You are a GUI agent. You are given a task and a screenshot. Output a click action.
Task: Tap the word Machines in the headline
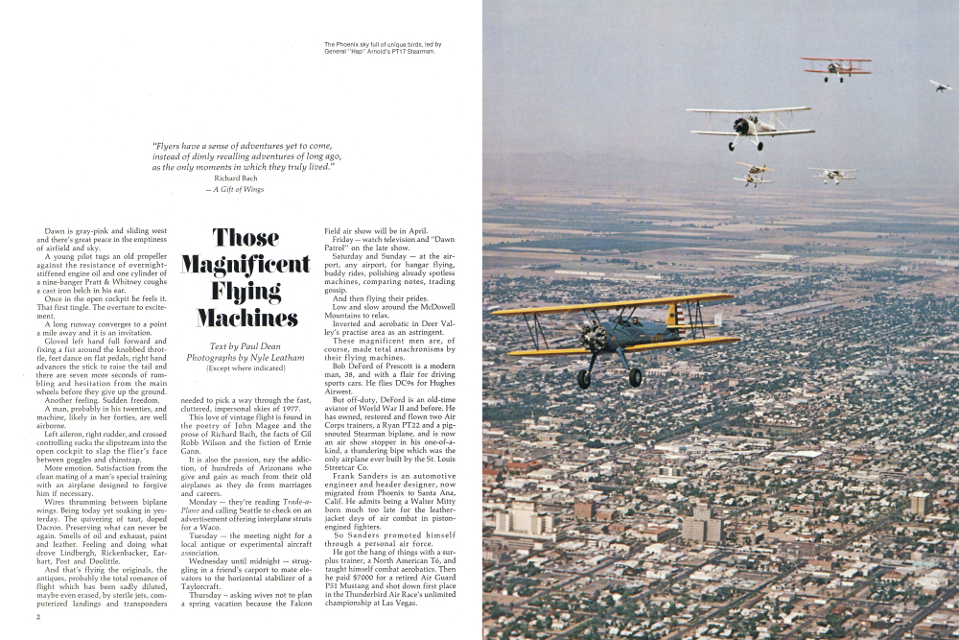tap(246, 318)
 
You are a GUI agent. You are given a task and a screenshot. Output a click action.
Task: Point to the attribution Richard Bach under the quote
tap(234, 178)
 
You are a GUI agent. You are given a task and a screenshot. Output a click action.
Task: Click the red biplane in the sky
tap(836, 67)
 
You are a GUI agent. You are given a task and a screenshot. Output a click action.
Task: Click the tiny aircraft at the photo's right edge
tap(939, 85)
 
